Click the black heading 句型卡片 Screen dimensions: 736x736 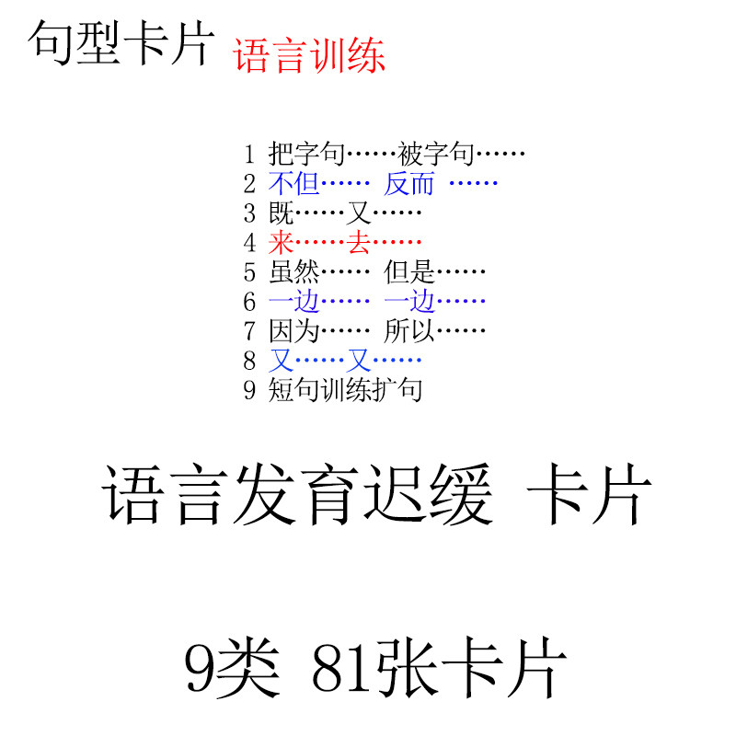click(x=121, y=43)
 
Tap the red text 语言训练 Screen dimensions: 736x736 click(x=309, y=55)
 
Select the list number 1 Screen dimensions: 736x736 click(x=249, y=155)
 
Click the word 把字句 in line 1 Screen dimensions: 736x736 click(x=306, y=154)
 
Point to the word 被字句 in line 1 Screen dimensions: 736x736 click(x=436, y=154)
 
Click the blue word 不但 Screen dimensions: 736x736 click(x=294, y=183)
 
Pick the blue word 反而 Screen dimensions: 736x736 click(x=409, y=183)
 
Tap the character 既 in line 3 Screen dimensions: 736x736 click(x=282, y=213)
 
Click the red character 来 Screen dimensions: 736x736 click(x=282, y=243)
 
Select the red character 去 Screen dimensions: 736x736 click(x=359, y=243)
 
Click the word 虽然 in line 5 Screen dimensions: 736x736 click(x=294, y=272)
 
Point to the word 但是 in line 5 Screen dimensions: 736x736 click(x=409, y=272)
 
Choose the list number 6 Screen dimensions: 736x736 click(x=249, y=302)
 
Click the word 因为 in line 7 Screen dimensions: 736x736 click(x=294, y=331)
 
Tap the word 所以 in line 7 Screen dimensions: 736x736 click(x=409, y=331)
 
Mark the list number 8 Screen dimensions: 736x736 click(x=249, y=361)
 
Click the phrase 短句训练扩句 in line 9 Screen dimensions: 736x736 click(x=345, y=390)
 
